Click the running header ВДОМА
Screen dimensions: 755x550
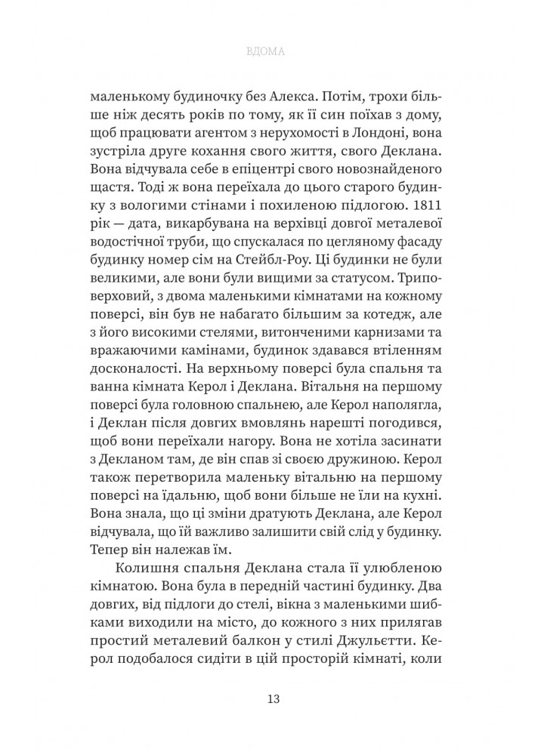pos(274,54)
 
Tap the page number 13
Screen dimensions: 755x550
pos(274,698)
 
